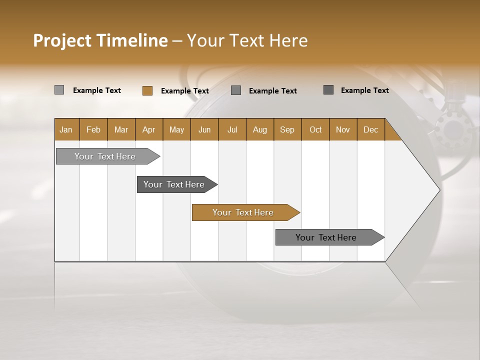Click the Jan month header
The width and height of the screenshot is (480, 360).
[66, 129]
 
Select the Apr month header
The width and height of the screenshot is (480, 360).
[148, 129]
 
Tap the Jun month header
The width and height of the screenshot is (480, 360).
[204, 129]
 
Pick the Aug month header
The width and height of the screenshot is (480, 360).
[259, 129]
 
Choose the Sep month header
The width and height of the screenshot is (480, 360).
[287, 129]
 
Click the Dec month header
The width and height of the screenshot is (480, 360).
[370, 129]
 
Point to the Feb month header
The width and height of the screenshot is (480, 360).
[93, 129]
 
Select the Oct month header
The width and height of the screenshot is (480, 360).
[315, 129]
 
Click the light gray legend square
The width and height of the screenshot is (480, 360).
[59, 90]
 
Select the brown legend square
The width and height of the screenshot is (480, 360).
[147, 90]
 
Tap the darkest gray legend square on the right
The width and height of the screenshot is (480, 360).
[328, 90]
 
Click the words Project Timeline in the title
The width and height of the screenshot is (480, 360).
[100, 40]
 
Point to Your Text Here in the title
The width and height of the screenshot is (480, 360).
[247, 40]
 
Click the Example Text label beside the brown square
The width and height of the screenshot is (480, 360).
[184, 91]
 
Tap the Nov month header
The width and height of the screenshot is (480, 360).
[342, 129]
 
